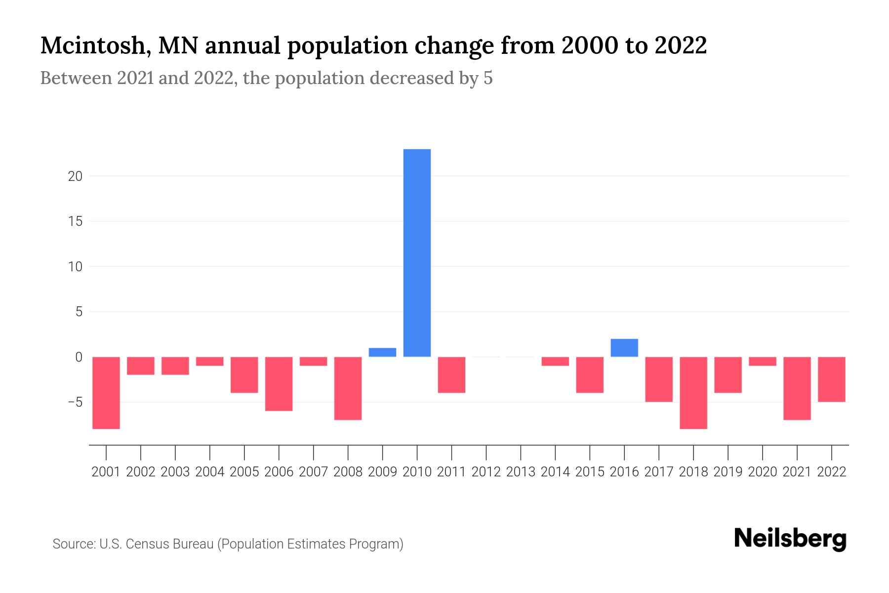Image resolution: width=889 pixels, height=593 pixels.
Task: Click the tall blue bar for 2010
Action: (x=417, y=253)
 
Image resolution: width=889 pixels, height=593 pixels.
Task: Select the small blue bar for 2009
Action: (x=382, y=352)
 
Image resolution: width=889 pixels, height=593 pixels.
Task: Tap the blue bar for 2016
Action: (x=624, y=348)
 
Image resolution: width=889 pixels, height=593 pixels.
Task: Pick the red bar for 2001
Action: (x=106, y=393)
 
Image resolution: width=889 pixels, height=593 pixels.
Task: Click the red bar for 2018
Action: (x=693, y=393)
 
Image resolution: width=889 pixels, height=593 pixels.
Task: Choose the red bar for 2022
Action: (x=832, y=379)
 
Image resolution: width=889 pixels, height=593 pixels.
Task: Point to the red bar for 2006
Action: (x=279, y=384)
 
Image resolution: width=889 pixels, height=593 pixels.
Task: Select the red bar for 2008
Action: (x=348, y=388)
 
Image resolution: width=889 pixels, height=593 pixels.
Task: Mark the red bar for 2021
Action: (x=797, y=388)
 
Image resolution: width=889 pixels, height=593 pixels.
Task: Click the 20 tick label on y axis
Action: (x=75, y=176)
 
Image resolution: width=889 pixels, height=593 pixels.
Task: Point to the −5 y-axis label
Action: (x=75, y=402)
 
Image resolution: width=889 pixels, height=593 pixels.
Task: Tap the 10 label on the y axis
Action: (x=75, y=267)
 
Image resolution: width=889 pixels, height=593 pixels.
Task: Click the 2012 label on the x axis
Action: (x=486, y=472)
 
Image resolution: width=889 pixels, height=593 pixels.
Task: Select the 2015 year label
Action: (x=590, y=472)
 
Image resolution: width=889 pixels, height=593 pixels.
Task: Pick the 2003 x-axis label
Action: (x=175, y=472)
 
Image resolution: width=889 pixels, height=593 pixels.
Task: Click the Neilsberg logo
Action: (x=790, y=539)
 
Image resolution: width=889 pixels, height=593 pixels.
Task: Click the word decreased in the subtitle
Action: (x=412, y=78)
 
